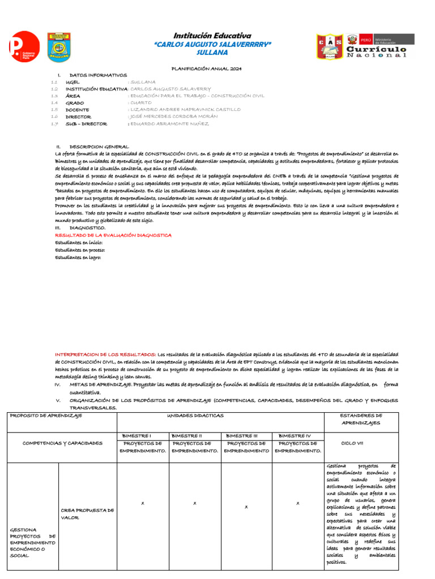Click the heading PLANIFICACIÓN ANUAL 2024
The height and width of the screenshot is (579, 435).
click(x=207, y=68)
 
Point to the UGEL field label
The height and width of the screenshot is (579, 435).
click(x=73, y=82)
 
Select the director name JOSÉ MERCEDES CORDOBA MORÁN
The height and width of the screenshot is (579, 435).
click(x=177, y=116)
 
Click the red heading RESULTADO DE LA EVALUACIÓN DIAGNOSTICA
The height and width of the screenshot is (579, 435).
click(x=113, y=235)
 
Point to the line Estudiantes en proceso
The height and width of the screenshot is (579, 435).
click(x=80, y=249)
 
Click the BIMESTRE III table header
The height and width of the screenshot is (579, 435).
click(x=246, y=436)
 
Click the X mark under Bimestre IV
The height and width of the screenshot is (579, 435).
click(x=297, y=503)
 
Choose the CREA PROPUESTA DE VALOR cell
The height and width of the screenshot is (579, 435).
click(x=87, y=513)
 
